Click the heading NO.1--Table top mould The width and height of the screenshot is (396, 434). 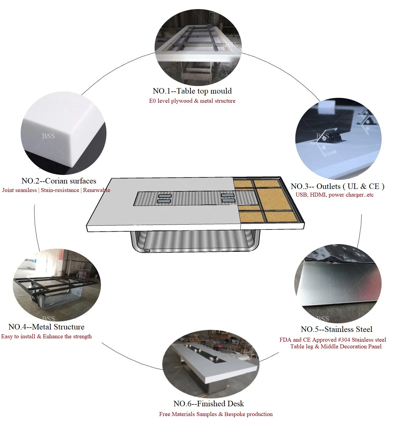click(x=192, y=91)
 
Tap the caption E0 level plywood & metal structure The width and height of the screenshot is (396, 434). click(x=192, y=101)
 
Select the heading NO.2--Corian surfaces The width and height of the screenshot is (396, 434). click(x=59, y=181)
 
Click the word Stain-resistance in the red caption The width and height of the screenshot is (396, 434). click(x=60, y=190)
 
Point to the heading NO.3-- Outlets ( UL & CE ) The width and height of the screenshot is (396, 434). click(x=338, y=187)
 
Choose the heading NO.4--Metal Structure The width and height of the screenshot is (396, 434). click(x=46, y=327)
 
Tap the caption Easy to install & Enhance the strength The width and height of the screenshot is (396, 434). click(x=46, y=336)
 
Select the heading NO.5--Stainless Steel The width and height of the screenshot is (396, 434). click(x=337, y=329)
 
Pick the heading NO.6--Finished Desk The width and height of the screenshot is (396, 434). click(x=208, y=404)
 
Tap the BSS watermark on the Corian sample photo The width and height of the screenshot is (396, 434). click(x=48, y=136)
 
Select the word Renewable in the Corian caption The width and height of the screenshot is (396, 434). click(x=97, y=190)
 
